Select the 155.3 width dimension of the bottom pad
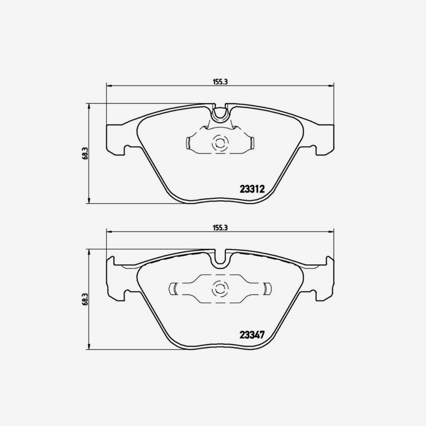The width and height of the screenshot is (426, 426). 220,228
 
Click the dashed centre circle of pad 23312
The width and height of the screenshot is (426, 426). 219,143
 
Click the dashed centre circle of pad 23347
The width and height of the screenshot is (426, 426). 219,289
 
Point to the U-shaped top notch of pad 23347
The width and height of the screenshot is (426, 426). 221,258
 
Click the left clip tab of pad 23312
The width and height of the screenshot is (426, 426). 189,143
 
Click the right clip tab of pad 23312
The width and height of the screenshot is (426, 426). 251,143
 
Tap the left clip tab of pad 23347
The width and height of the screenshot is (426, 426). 174,289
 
